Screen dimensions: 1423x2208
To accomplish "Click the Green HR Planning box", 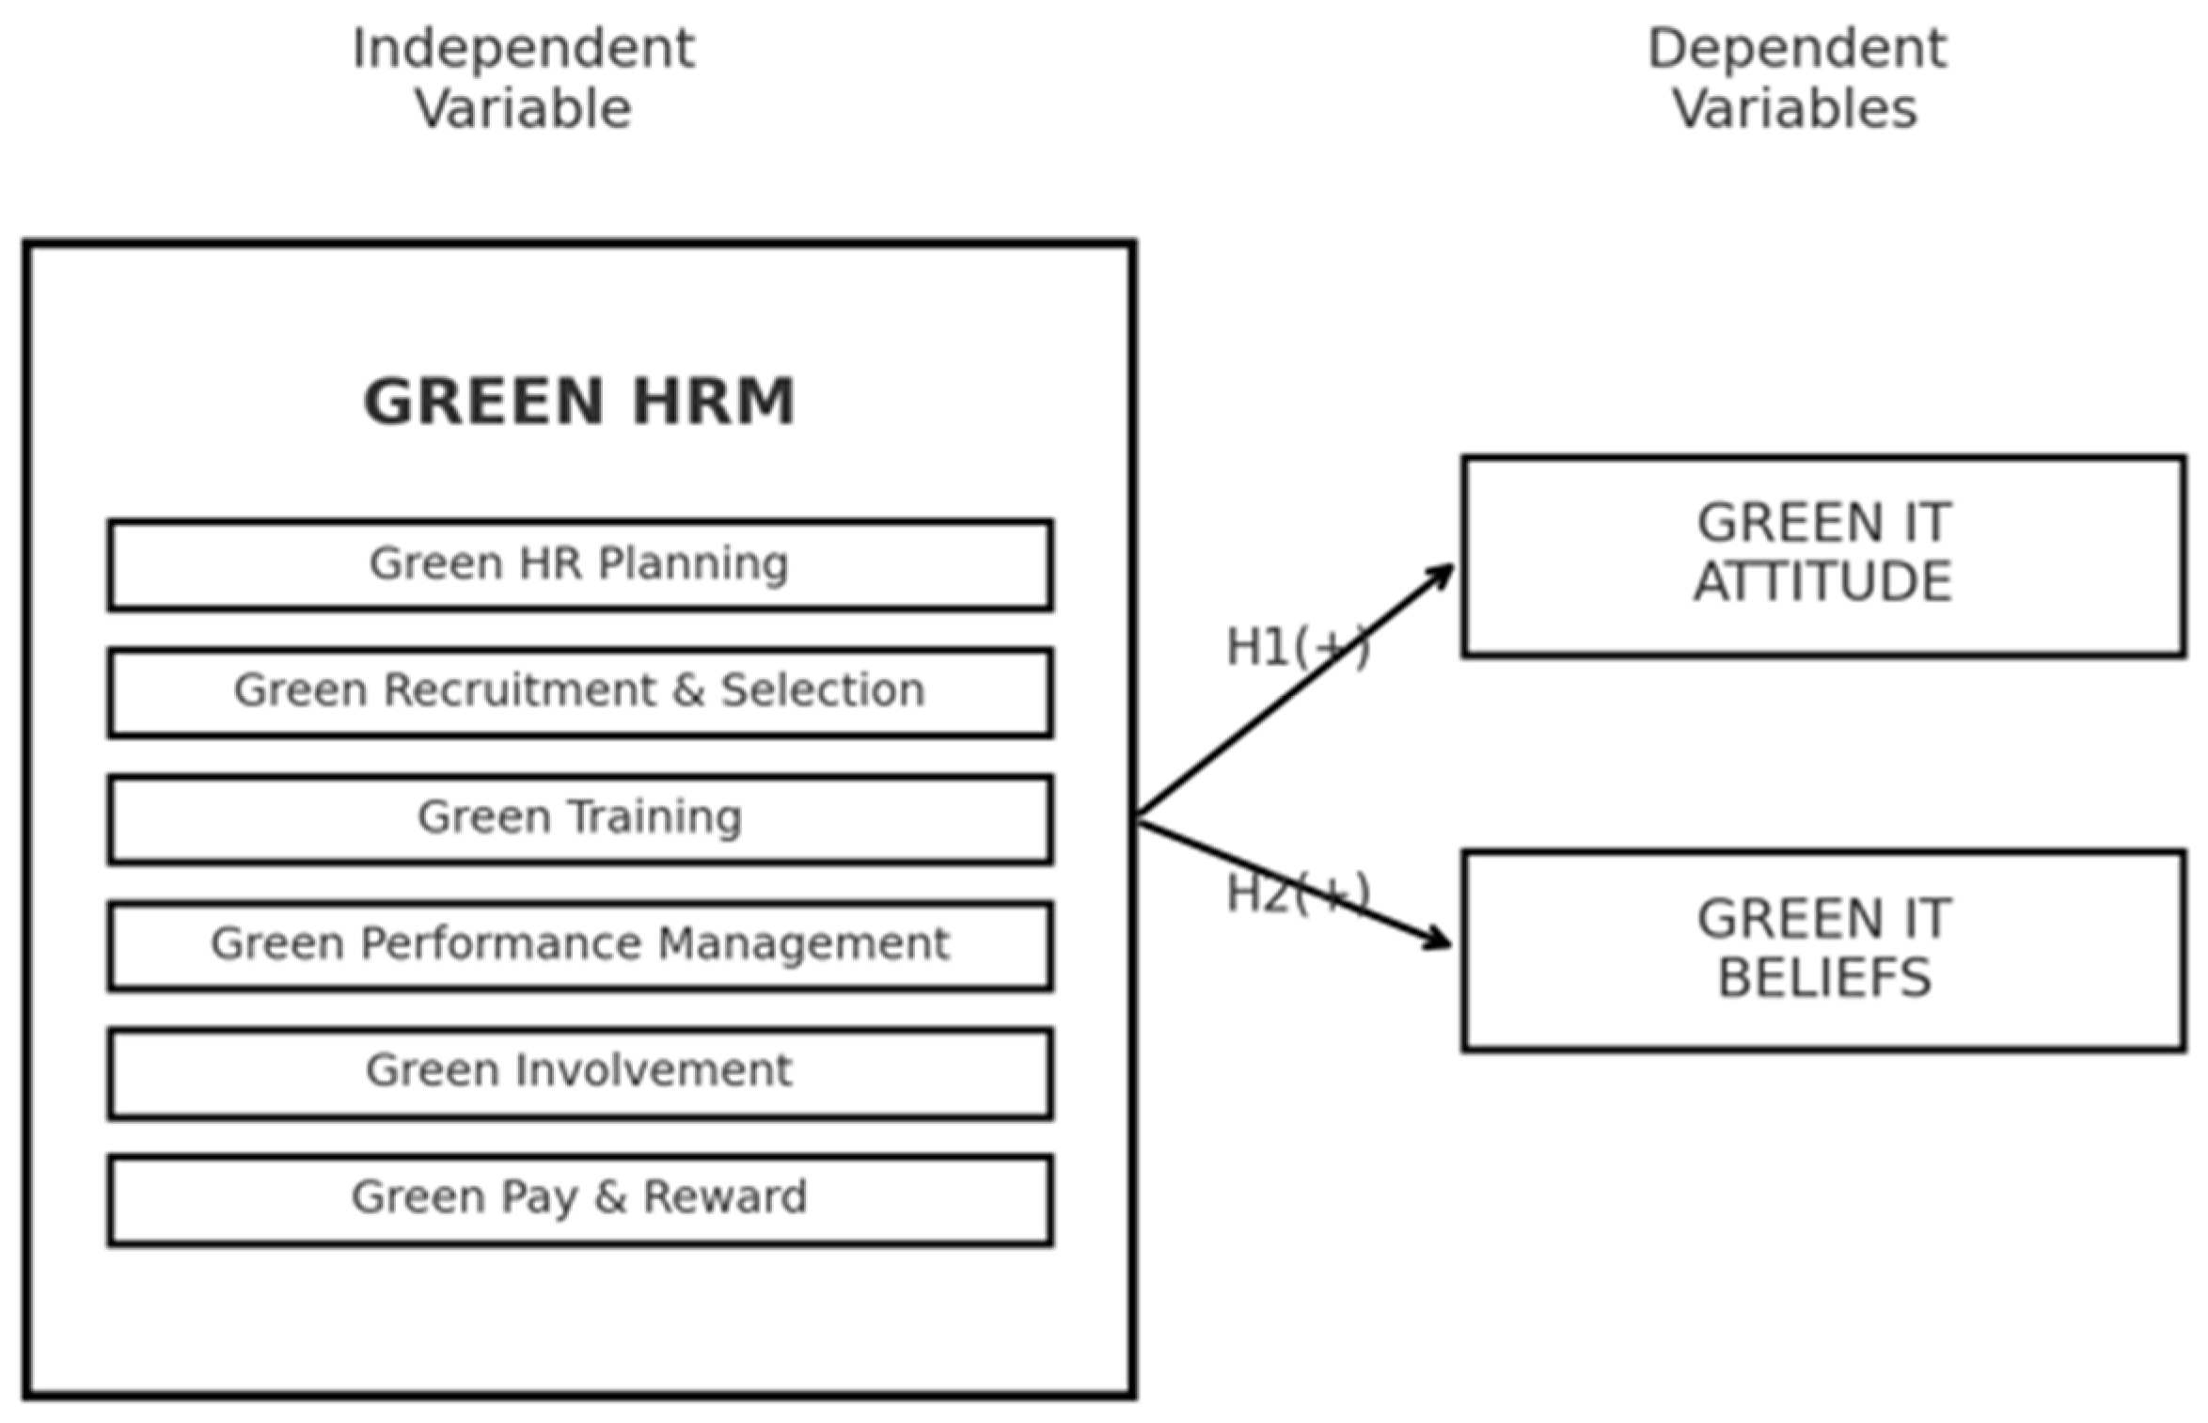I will (x=579, y=564).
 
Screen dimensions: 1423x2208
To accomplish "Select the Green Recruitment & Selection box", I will (x=579, y=691).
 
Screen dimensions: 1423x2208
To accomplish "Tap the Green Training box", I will (x=579, y=818).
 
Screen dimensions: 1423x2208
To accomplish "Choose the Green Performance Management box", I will (x=579, y=945).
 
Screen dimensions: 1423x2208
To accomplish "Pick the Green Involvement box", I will (x=579, y=1072).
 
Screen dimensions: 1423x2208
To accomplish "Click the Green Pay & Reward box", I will (x=579, y=1199).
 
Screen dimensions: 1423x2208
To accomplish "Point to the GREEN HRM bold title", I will (x=579, y=402).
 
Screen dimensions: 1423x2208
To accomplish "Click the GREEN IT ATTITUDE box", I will (x=1822, y=555).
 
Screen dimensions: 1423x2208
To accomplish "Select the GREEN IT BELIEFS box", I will (x=1822, y=950).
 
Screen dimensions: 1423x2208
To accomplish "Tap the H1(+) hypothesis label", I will (x=1298, y=648).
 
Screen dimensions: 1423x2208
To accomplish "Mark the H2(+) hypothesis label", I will (x=1298, y=893).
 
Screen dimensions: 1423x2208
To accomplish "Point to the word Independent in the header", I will (x=523, y=49).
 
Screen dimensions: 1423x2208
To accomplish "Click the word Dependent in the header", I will (x=1796, y=49).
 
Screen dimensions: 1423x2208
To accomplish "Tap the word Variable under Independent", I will (x=523, y=109).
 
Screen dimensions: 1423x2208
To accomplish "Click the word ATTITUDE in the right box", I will (x=1822, y=581).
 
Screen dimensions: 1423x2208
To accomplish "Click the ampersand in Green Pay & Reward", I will (x=610, y=1197).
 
